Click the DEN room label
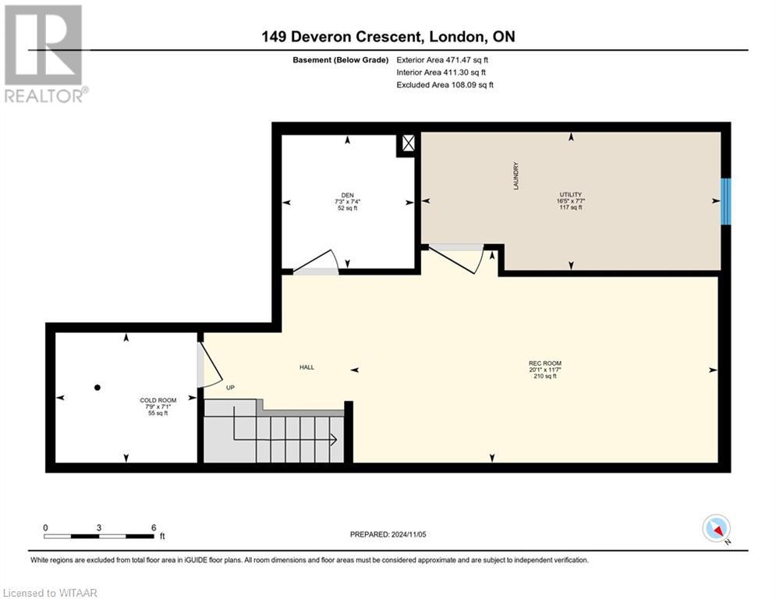click(x=347, y=195)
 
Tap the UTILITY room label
click(x=571, y=194)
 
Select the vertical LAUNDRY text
click(x=516, y=175)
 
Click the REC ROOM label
click(x=545, y=363)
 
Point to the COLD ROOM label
click(x=158, y=400)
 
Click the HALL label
click(x=307, y=367)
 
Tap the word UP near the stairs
click(x=230, y=388)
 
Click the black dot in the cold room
click(x=97, y=388)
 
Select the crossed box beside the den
click(x=409, y=144)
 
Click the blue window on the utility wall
click(x=725, y=201)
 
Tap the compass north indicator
click(x=716, y=528)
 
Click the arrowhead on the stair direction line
click(x=334, y=439)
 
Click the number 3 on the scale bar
click(x=99, y=528)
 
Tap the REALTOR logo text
click(x=47, y=95)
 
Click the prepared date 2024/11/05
click(x=409, y=534)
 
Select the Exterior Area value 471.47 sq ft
click(x=466, y=60)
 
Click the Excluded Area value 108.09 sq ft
click(x=473, y=85)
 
